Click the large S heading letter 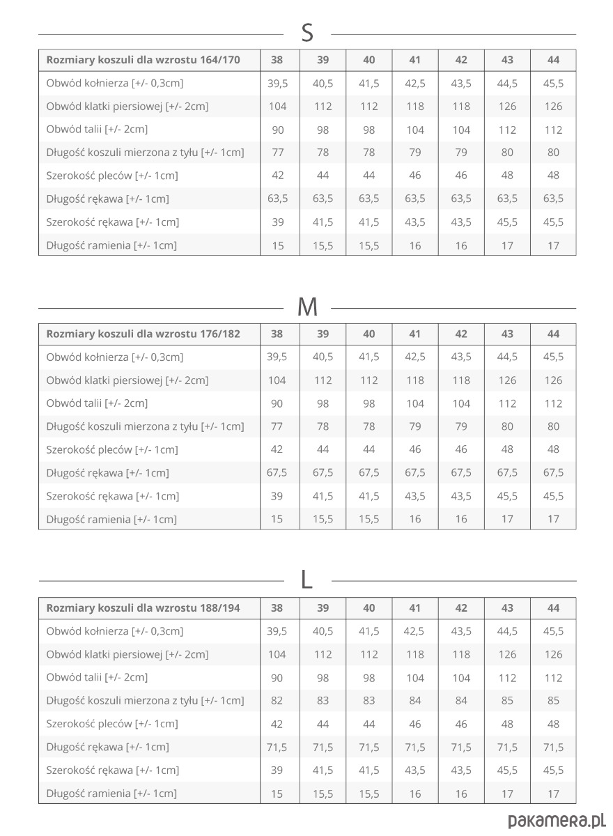coord(307,33)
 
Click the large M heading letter coord(307,307)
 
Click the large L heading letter coord(307,580)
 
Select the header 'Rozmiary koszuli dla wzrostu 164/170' coord(143,60)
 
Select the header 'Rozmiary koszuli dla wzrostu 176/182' coord(143,334)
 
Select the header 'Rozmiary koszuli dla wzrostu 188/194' coord(143,608)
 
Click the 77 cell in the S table coord(277,153)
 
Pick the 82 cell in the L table coord(277,701)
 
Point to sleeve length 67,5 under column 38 coord(277,472)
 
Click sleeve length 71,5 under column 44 coord(553,747)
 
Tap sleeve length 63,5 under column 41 coord(415,199)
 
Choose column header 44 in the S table coord(553,60)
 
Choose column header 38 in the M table coord(277,334)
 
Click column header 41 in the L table coord(415,608)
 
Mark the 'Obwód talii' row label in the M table coord(97,403)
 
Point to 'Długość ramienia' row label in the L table coord(111,794)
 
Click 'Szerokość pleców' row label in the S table coord(112,176)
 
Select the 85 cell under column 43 coord(507,701)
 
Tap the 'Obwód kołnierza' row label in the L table coord(115,631)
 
